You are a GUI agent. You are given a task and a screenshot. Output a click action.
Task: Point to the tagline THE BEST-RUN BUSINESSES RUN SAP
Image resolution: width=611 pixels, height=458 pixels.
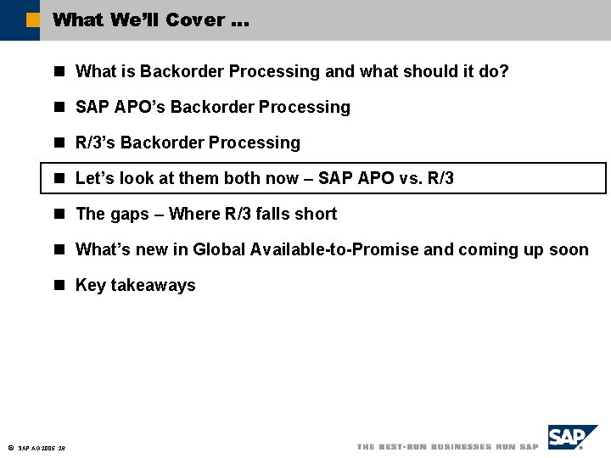pos(447,446)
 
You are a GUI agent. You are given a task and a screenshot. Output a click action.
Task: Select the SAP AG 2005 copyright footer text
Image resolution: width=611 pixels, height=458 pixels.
pos(42,448)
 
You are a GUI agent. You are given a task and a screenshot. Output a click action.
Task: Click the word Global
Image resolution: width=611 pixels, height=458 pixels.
pos(217,249)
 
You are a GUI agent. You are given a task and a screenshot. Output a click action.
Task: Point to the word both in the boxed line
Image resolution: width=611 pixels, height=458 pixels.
pos(244,178)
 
